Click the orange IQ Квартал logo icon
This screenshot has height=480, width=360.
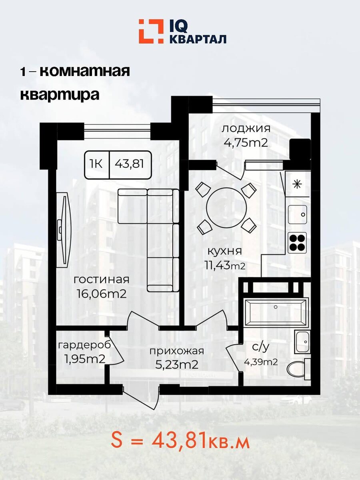151,31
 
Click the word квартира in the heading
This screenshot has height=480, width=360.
60,95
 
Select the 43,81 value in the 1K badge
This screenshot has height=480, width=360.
130,164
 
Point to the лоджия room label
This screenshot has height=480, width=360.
246,128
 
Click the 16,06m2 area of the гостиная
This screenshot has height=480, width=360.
102,294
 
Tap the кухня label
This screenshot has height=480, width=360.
224,251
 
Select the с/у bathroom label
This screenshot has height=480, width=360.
260,347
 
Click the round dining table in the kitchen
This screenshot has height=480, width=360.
227,208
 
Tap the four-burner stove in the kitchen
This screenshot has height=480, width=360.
297,243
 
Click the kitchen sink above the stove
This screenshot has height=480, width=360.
297,214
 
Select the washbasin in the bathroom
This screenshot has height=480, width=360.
302,341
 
